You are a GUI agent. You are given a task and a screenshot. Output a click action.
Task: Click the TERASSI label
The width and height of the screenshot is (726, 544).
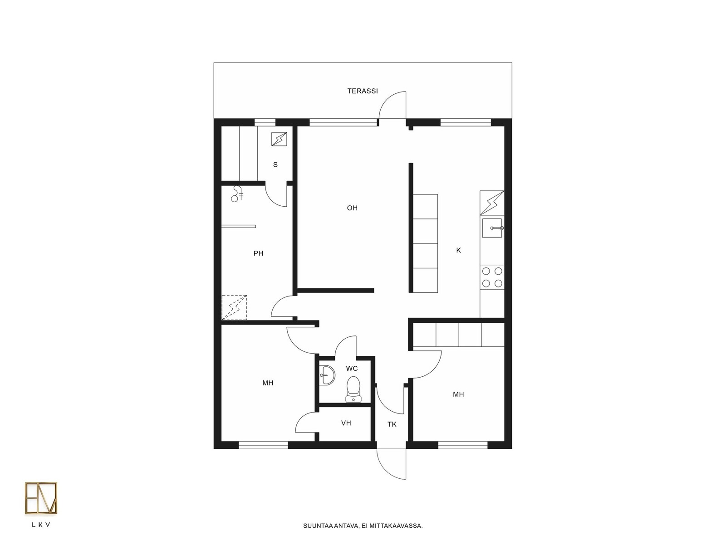pyautogui.click(x=362, y=91)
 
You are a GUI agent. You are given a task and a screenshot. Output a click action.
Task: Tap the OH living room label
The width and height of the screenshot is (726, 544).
pyautogui.click(x=352, y=208)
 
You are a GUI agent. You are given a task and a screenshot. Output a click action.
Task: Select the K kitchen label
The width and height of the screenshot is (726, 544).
pyautogui.click(x=458, y=250)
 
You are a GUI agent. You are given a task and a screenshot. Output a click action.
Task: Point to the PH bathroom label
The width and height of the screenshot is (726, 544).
pyautogui.click(x=258, y=253)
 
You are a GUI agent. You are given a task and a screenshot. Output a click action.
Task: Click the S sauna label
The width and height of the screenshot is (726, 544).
pyautogui.click(x=275, y=165)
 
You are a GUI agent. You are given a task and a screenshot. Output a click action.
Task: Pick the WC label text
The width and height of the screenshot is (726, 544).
pyautogui.click(x=352, y=368)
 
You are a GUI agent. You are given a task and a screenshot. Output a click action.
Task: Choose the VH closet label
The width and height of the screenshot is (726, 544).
pyautogui.click(x=346, y=423)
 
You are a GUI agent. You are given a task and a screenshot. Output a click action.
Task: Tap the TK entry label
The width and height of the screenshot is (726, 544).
pyautogui.click(x=392, y=424)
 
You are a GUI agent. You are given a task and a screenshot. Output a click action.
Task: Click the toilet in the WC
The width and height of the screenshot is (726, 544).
pyautogui.click(x=353, y=389)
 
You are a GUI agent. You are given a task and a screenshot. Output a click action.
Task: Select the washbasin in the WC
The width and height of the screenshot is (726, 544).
pyautogui.click(x=328, y=375)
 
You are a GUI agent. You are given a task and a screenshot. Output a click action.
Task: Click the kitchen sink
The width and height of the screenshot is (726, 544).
pyautogui.click(x=492, y=228)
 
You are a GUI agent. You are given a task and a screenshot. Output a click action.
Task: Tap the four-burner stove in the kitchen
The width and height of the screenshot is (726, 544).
pyautogui.click(x=492, y=277)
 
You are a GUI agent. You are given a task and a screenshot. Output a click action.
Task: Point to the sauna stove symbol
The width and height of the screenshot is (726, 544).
pyautogui.click(x=279, y=139)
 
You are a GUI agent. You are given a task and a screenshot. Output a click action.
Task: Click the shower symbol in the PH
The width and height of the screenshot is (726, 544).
pyautogui.click(x=237, y=194)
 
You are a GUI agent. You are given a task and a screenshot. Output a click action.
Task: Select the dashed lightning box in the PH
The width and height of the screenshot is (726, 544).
pyautogui.click(x=234, y=307)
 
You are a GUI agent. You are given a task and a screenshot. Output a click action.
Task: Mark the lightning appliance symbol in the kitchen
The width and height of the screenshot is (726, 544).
pyautogui.click(x=492, y=203)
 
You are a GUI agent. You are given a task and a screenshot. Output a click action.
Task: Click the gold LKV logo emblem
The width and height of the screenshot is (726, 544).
pyautogui.click(x=41, y=498)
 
